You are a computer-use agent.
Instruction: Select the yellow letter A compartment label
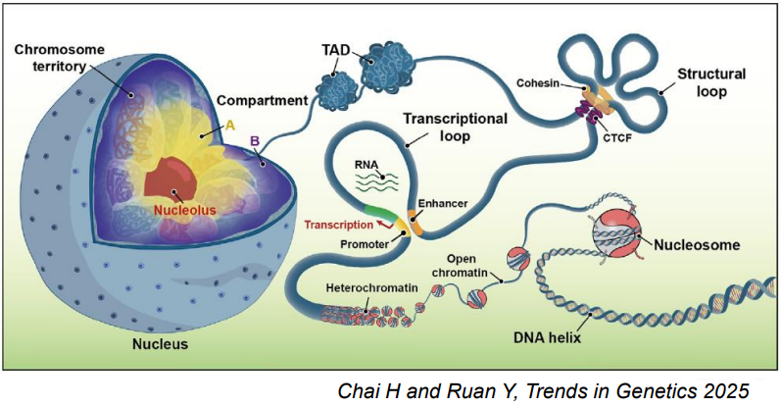point(230,125)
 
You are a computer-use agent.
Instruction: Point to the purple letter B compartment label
point(254,143)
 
